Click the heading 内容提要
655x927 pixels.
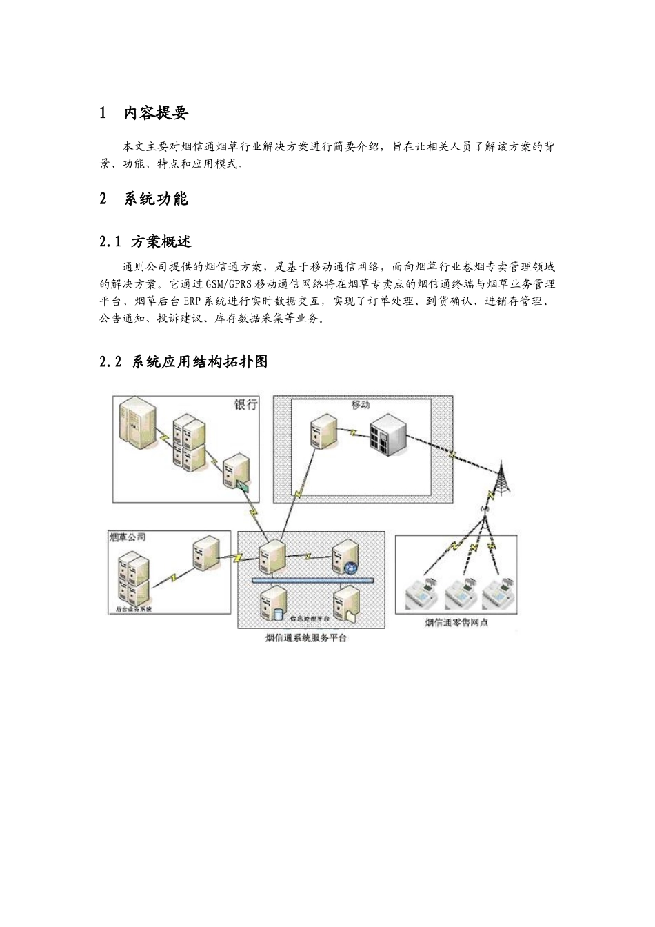tap(155, 113)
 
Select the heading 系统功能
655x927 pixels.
tap(155, 199)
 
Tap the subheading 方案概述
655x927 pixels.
tap(161, 241)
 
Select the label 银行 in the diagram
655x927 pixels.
tap(246, 404)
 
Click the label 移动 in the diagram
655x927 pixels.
tap(360, 405)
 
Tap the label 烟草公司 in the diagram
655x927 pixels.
tap(128, 537)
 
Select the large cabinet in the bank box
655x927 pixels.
tap(136, 421)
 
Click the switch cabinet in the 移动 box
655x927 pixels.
tap(385, 436)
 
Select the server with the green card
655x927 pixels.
tap(235, 471)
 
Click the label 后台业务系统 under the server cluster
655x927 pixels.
tap(133, 610)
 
